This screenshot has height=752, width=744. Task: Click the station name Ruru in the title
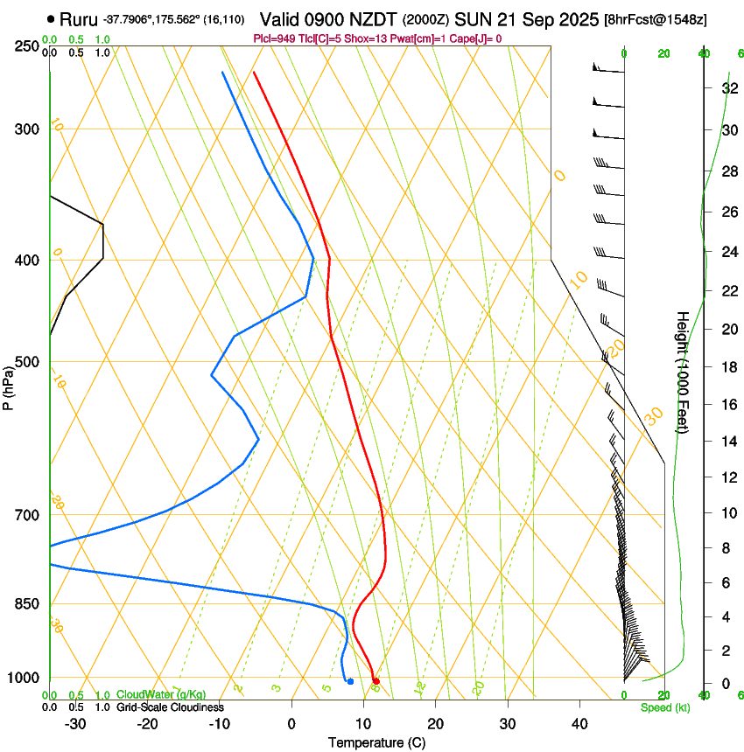(78, 18)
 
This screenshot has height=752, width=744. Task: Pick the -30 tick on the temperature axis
(75, 723)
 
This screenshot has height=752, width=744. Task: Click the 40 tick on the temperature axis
(579, 723)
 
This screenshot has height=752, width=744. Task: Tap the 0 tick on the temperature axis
(291, 723)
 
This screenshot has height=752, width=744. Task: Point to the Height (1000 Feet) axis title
(683, 372)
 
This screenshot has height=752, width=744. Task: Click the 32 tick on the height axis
(728, 88)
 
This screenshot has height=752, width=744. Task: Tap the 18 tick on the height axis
(728, 366)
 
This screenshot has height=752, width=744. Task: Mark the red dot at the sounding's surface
(376, 681)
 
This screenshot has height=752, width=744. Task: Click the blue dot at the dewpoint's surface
(350, 681)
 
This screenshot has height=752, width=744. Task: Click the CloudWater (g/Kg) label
(161, 695)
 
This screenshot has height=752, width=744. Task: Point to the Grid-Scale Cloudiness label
(170, 707)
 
